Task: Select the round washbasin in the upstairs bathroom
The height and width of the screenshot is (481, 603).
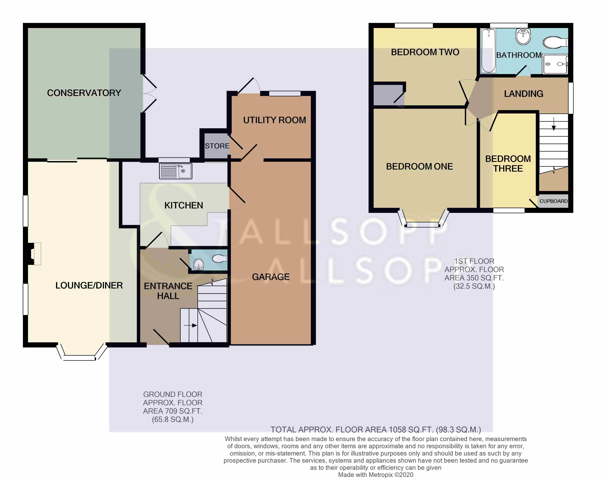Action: [x=523, y=36]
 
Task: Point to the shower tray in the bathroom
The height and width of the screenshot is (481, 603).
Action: [x=555, y=64]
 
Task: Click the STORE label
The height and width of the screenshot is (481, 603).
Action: [x=217, y=146]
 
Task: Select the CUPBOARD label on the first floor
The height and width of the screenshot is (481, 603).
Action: [x=553, y=201]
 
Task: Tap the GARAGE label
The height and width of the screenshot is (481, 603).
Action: [x=271, y=277]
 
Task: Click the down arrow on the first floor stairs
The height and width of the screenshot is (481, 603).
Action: [x=553, y=124]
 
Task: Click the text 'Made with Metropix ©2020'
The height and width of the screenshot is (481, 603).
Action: [x=376, y=475]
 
